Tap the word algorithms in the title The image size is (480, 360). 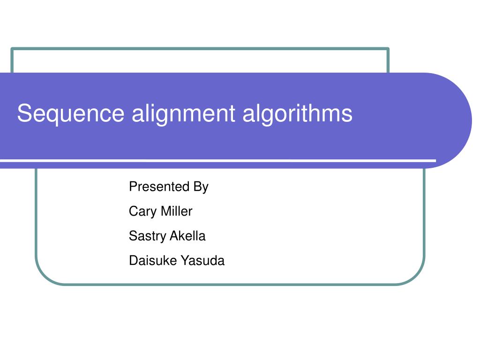[x=297, y=114]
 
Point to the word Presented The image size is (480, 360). [x=158, y=187]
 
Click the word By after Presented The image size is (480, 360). [x=201, y=187]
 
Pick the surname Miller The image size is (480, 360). [x=176, y=211]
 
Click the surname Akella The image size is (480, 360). [x=187, y=236]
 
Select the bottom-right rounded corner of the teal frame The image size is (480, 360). [x=417, y=276]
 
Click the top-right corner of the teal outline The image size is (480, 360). [x=388, y=49]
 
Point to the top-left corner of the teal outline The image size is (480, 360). [x=12, y=49]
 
